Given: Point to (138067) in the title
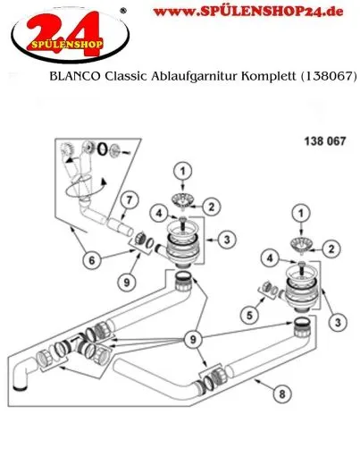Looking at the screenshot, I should click(x=325, y=78).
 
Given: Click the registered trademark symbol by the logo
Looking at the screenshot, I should click(x=122, y=11).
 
